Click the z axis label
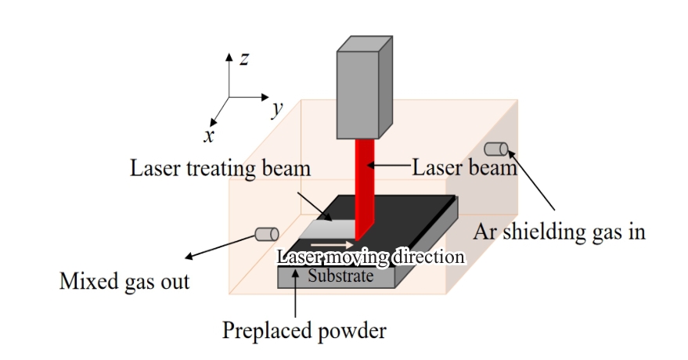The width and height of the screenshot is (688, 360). click(245, 59)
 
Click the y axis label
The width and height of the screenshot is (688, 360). click(276, 109)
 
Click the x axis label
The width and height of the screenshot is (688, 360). click(209, 135)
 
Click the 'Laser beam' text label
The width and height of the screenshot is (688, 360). click(464, 167)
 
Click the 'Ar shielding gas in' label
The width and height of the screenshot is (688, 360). click(560, 232)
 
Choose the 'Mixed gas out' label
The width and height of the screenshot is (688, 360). click(124, 281)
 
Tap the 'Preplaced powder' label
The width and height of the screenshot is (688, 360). click(305, 331)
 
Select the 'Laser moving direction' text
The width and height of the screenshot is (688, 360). click(372, 257)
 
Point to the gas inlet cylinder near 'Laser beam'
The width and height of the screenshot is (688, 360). click(496, 149)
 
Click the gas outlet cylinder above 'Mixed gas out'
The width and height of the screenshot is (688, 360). click(266, 233)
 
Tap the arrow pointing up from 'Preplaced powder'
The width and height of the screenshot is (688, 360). click(294, 293)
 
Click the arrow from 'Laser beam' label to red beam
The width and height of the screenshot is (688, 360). click(391, 166)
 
